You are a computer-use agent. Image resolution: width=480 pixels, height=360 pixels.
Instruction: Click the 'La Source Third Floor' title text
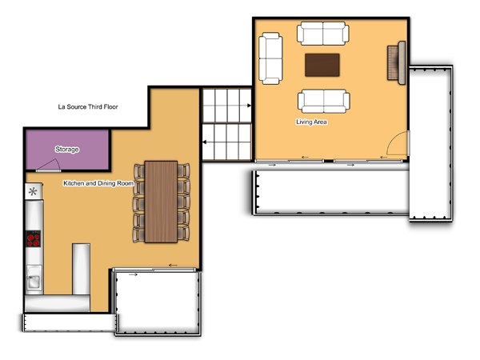[x=88, y=107]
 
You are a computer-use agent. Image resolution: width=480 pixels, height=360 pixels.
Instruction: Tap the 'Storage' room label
[x=67, y=150]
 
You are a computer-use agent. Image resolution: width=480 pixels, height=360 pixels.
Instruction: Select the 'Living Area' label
[x=311, y=122]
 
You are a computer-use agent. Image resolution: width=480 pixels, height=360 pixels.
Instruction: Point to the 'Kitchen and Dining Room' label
[x=98, y=183]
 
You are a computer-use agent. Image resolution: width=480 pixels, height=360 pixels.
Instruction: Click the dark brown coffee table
[x=322, y=65]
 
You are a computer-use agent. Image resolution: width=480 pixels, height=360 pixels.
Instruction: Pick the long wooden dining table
[x=161, y=202]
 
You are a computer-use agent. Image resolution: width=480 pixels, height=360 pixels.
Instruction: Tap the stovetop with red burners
[x=34, y=238]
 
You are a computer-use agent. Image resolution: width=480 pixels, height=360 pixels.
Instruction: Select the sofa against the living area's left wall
[x=270, y=58]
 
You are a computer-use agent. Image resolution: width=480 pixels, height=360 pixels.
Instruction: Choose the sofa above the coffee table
[x=323, y=33]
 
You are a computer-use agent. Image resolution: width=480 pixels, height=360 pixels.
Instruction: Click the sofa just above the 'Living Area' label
[x=324, y=101]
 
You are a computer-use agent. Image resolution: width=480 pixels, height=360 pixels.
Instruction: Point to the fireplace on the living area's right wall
[x=397, y=62]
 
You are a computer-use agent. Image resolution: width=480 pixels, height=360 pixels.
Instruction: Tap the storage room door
[x=48, y=166]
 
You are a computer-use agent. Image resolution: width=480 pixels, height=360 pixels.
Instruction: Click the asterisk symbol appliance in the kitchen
[x=33, y=192]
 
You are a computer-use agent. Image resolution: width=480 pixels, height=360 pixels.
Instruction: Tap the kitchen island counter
[x=81, y=269]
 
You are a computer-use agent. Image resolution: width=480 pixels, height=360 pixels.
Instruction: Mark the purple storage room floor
[x=67, y=150]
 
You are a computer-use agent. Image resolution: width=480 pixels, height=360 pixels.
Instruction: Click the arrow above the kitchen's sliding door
[x=173, y=265]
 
